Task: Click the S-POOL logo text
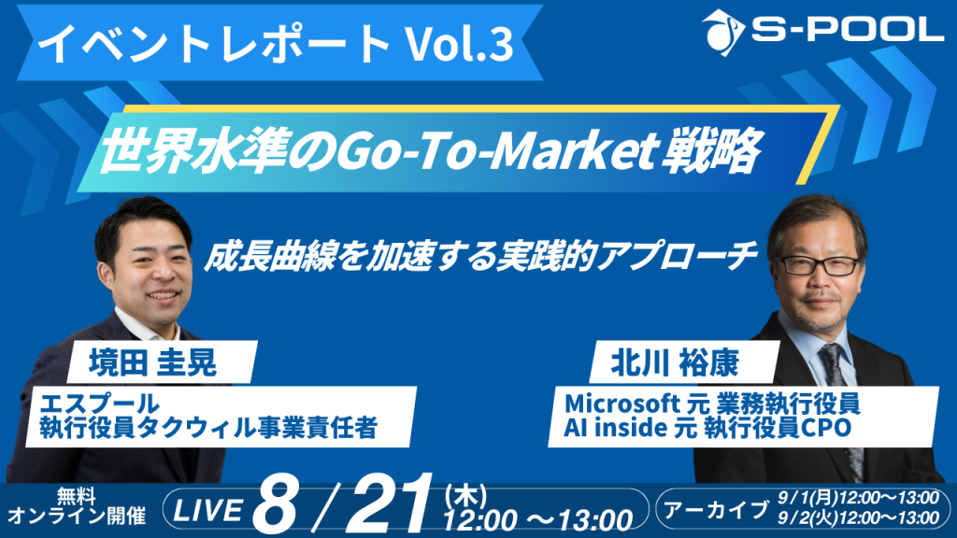click(847, 29)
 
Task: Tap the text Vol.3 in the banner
click(460, 44)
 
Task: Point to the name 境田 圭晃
click(153, 362)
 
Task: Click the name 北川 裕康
click(675, 363)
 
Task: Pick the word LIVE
click(208, 510)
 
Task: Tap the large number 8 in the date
click(276, 505)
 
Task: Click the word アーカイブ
click(716, 509)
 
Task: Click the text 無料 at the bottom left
click(77, 496)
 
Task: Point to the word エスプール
click(99, 403)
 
